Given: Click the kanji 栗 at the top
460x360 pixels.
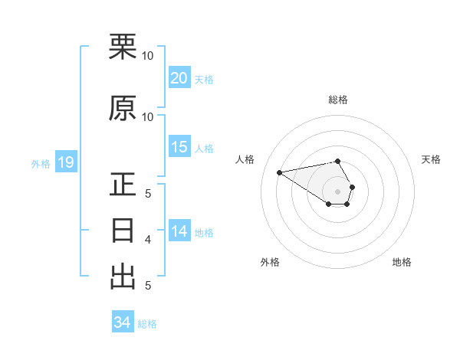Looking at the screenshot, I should (123, 47).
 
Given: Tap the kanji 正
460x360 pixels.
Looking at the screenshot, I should (123, 185).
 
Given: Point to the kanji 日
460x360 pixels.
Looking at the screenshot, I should (123, 231).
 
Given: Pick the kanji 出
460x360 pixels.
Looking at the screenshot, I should (123, 277).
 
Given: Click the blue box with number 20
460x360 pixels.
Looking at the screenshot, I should (179, 77).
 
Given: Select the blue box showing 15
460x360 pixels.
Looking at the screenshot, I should (179, 147).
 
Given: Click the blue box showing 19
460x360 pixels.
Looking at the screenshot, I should (65, 162).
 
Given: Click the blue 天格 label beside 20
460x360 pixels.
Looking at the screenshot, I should (204, 79).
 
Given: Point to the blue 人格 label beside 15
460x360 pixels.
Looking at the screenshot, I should (204, 149).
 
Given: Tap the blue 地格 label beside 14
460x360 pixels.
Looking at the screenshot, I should (204, 232).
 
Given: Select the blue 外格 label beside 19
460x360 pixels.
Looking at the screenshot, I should (41, 164).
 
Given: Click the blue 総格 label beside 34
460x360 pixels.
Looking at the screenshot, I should (147, 324).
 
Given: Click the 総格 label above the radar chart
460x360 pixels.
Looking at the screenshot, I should (338, 100).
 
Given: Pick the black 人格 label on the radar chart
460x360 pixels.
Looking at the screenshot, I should (245, 159).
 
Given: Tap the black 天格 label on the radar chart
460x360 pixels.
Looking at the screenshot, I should (431, 159).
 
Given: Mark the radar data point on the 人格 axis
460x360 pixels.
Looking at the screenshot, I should (280, 172).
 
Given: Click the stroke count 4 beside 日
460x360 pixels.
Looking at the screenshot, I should (148, 240).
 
